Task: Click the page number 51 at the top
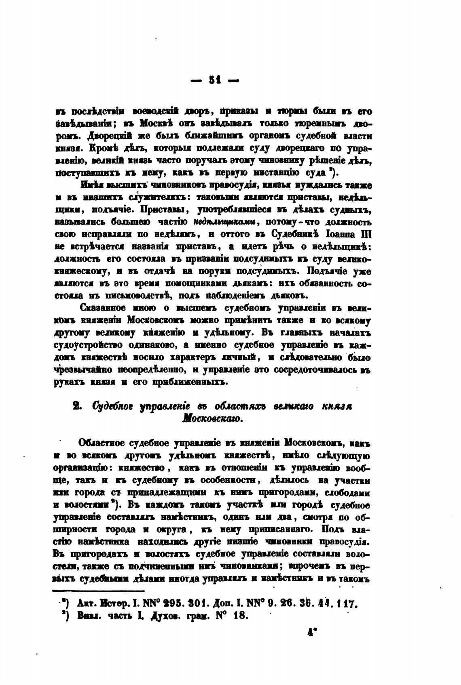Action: point(214,80)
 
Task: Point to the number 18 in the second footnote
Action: point(237,617)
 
